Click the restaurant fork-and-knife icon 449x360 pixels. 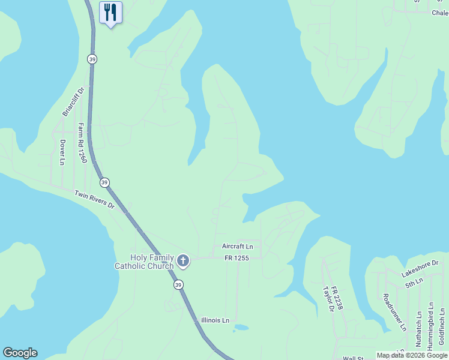coord(110,12)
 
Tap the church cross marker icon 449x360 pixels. coord(183,261)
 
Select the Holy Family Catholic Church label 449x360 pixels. coord(144,262)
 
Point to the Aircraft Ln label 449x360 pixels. coord(237,247)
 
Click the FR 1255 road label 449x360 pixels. coord(237,258)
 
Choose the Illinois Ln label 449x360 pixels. coord(215,320)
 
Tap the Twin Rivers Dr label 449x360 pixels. coord(94,200)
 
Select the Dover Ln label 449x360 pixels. coord(62,152)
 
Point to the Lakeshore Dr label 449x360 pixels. coord(420,268)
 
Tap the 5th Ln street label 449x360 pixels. coord(414,283)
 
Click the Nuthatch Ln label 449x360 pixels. coord(418,328)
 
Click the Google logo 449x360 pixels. coord(20,353)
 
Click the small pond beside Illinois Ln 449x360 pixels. coord(241,328)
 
